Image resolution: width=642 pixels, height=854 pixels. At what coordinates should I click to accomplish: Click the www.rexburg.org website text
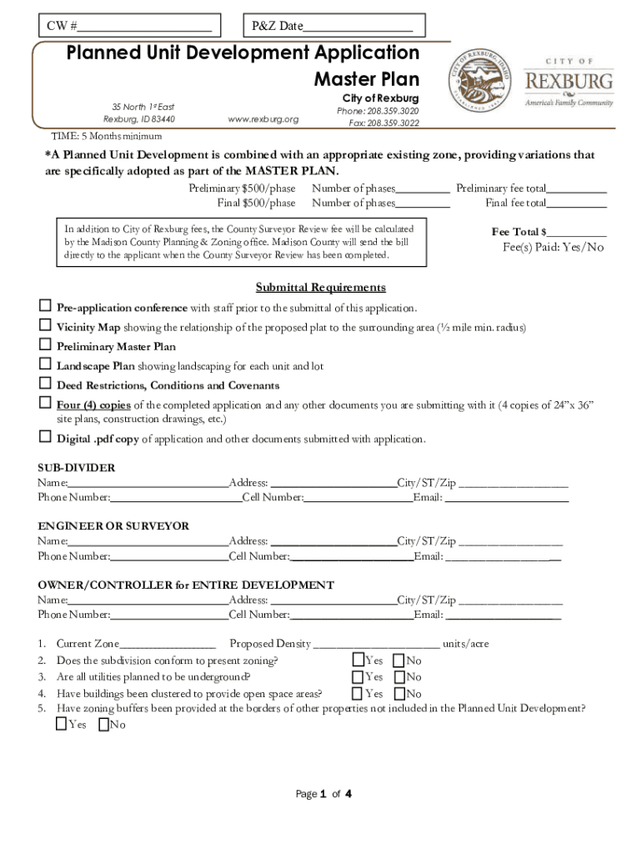point(263,119)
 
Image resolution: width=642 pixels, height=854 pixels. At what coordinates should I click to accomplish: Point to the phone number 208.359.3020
point(378,111)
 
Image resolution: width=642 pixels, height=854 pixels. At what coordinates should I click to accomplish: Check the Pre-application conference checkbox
point(45,307)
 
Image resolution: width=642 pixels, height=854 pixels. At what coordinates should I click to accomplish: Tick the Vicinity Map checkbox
point(45,326)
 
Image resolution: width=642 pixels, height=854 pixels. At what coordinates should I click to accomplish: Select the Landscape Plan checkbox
point(45,364)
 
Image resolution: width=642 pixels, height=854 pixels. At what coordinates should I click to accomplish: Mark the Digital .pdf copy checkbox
point(45,437)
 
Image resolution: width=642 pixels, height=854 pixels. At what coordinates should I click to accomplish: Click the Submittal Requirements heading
point(320,288)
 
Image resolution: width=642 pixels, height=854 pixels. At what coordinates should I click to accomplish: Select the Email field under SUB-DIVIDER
point(506,498)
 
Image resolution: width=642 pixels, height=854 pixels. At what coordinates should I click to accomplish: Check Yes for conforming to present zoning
point(358,661)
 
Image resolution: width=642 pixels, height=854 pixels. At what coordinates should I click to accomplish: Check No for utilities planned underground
point(399,677)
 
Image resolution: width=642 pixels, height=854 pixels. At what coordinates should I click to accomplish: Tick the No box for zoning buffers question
point(103,725)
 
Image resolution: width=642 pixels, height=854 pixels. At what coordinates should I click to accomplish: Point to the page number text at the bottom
point(324,794)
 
